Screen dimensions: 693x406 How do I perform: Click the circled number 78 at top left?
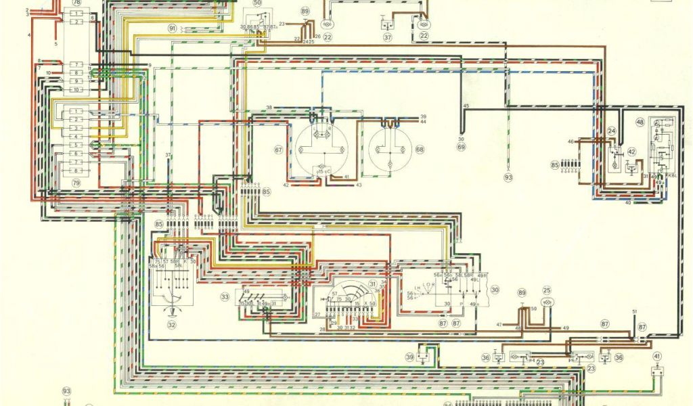[76, 3]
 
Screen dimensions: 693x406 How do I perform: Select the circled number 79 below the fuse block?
[76, 183]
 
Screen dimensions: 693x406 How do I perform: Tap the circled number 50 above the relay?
[257, 3]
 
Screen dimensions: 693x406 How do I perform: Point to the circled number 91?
[173, 28]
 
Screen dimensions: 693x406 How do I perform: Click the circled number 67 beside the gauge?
[278, 149]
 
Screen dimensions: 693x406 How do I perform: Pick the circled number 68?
[420, 149]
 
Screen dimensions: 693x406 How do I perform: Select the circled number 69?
[462, 146]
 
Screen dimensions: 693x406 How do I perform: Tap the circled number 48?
[640, 122]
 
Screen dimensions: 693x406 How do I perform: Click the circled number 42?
[631, 152]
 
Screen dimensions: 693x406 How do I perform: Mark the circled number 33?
[224, 296]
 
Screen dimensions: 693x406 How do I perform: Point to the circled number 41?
[656, 355]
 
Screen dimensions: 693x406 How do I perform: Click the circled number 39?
[410, 357]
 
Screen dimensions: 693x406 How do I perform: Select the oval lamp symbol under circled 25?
[547, 304]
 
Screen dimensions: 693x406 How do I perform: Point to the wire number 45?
[466, 107]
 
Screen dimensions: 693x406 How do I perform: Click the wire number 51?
[635, 311]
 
